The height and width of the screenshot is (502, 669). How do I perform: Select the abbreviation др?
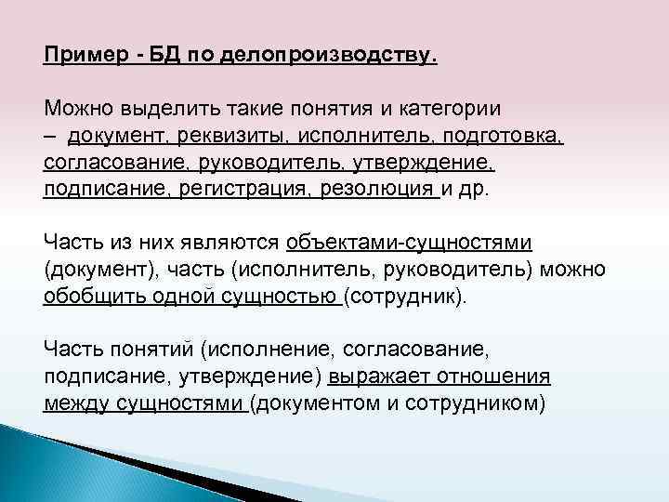click(x=484, y=190)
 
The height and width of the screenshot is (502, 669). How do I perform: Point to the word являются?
click(x=236, y=244)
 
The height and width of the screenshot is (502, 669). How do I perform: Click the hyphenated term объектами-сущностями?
click(x=409, y=244)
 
